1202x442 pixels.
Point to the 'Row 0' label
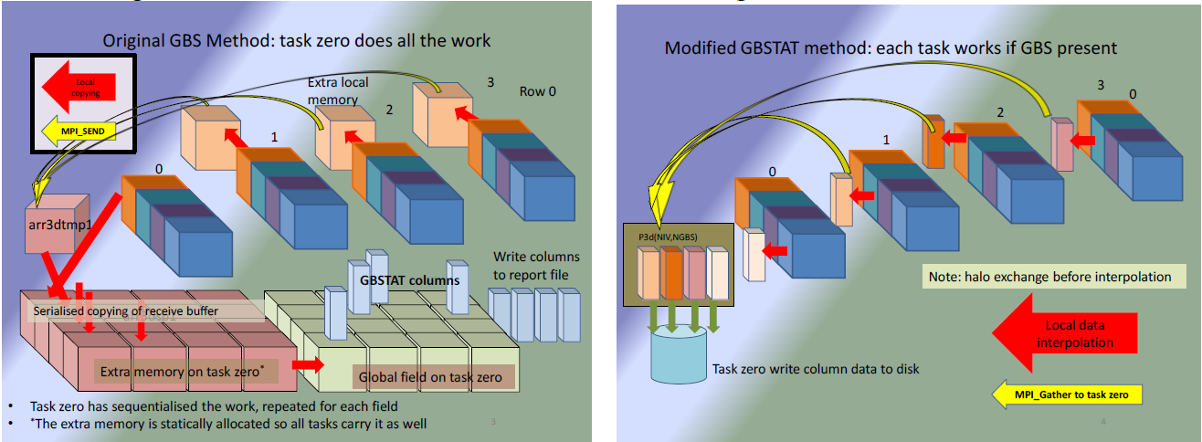tap(538, 90)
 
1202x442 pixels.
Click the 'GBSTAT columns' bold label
tap(409, 280)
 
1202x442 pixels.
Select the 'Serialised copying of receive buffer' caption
tap(137, 311)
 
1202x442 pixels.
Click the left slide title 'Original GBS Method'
tap(296, 40)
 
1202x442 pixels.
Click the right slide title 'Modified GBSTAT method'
tap(891, 47)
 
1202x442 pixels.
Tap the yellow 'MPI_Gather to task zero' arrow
tap(1067, 395)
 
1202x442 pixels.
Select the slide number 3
tap(493, 422)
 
